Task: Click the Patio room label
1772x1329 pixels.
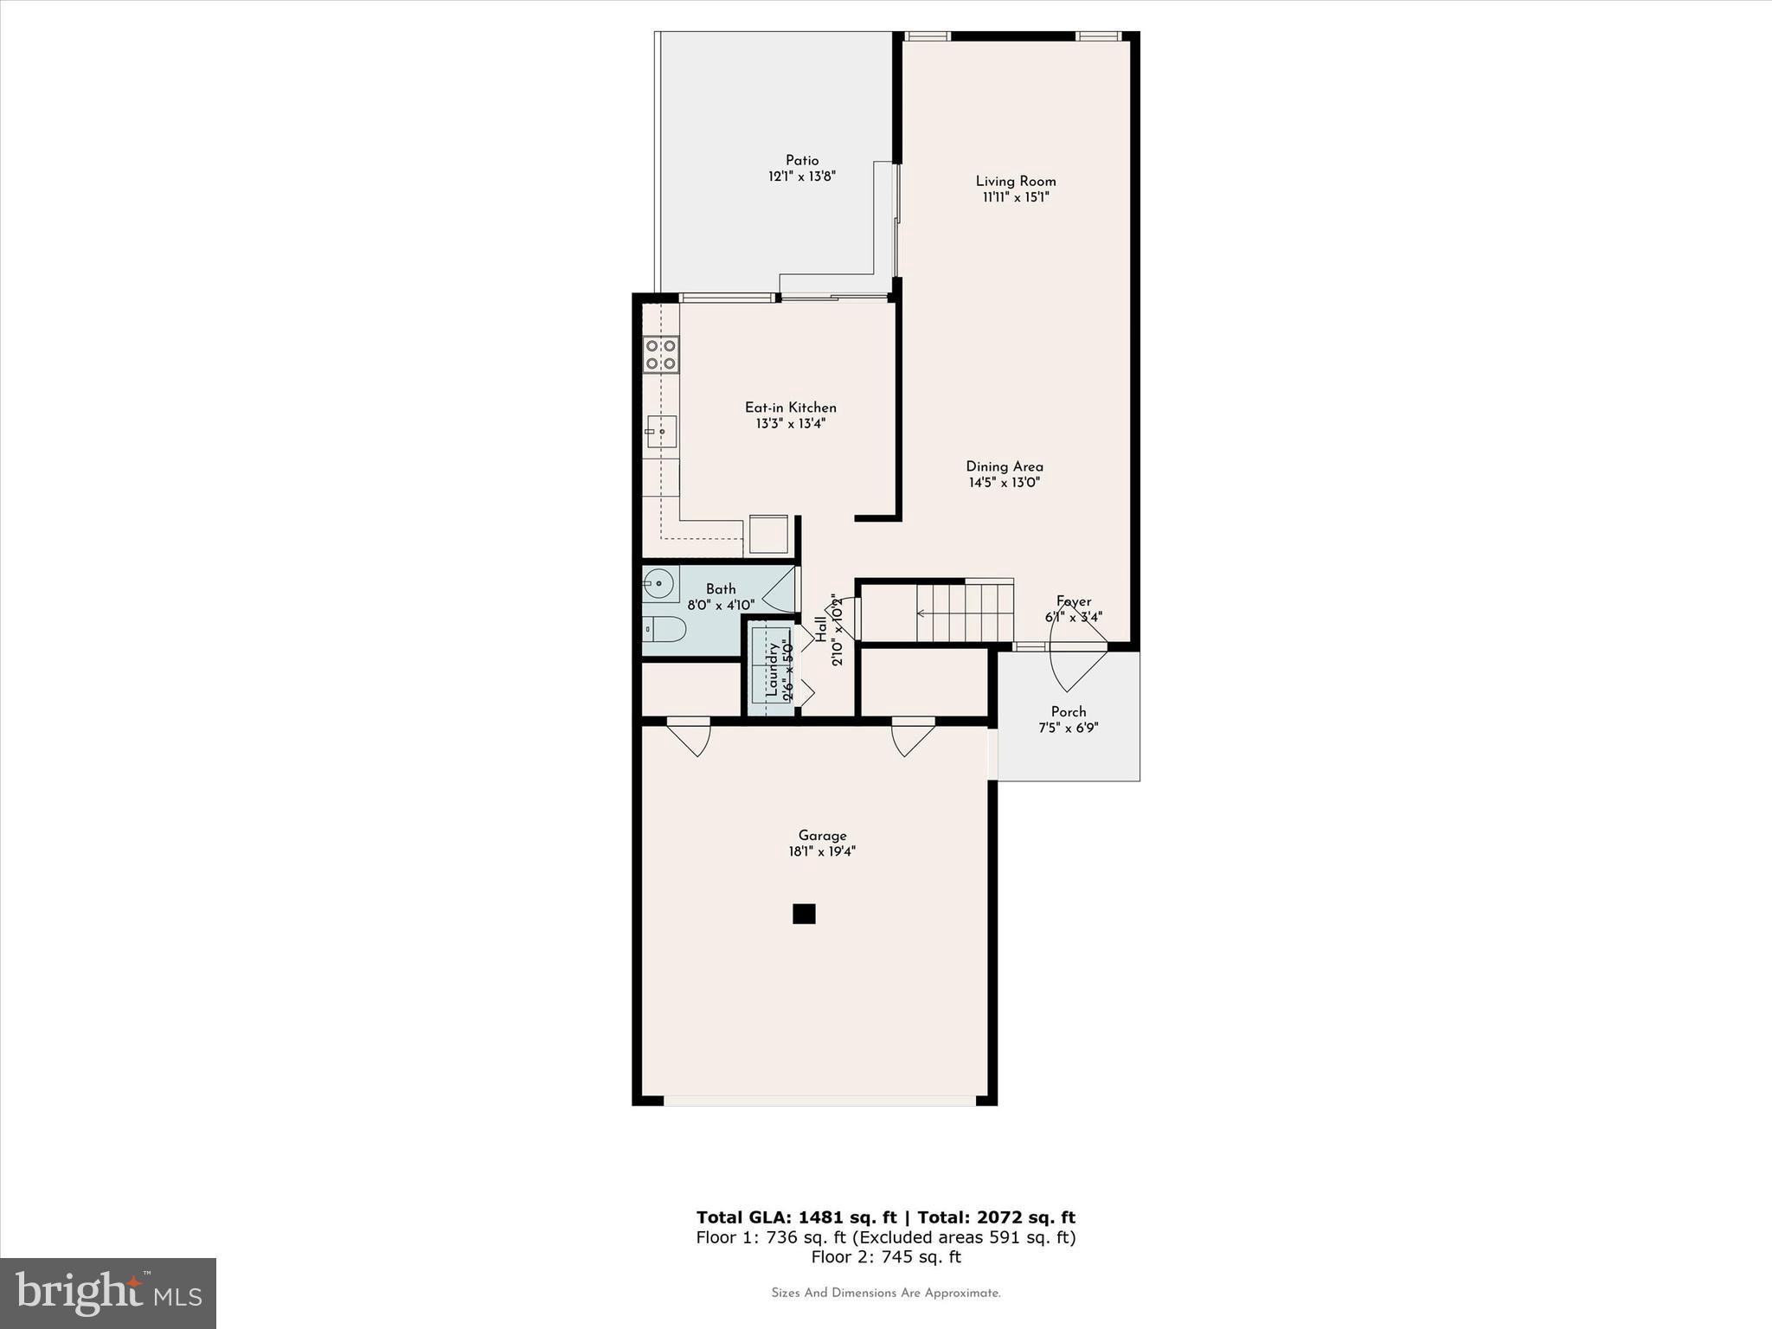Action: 802,160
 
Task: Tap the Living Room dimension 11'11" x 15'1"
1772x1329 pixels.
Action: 1016,197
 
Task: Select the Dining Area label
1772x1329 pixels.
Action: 1005,466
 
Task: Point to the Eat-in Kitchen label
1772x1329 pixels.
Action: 791,408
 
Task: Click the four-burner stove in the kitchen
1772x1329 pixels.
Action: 661,355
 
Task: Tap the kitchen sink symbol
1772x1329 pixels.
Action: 661,431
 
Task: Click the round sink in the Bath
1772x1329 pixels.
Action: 658,584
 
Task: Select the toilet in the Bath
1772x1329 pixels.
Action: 664,629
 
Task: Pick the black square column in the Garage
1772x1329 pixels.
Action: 804,914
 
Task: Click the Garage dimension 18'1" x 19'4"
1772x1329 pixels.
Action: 822,851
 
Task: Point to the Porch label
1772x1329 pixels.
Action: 1069,712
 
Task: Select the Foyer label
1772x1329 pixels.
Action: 1074,601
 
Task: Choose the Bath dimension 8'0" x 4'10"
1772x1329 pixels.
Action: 721,605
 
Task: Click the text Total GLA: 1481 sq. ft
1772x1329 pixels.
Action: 796,1217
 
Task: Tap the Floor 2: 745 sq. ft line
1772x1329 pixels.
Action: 886,1257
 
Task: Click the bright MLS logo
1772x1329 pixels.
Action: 108,1294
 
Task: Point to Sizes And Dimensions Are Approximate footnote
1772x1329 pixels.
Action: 886,1293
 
